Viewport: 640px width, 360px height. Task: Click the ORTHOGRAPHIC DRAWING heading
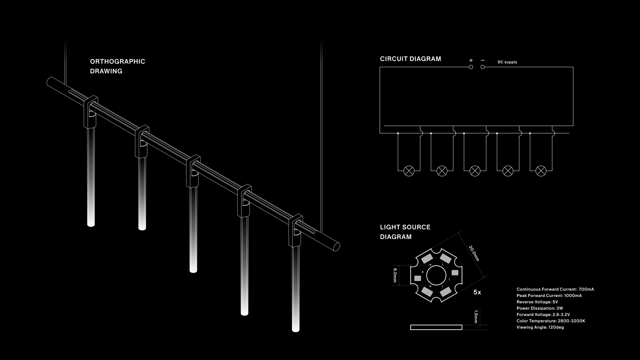point(118,66)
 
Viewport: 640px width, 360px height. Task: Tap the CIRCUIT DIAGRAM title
point(410,59)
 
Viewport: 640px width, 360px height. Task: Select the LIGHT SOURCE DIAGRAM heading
point(405,232)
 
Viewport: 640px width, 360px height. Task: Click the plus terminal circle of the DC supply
point(471,67)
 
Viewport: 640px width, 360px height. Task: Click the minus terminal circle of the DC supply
point(483,67)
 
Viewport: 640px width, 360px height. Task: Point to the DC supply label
point(507,62)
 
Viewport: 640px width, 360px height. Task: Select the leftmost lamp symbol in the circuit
point(409,171)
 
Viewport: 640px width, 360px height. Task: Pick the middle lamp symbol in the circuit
point(475,171)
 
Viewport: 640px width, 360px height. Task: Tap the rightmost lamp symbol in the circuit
point(541,171)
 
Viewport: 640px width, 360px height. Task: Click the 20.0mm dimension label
point(474,253)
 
